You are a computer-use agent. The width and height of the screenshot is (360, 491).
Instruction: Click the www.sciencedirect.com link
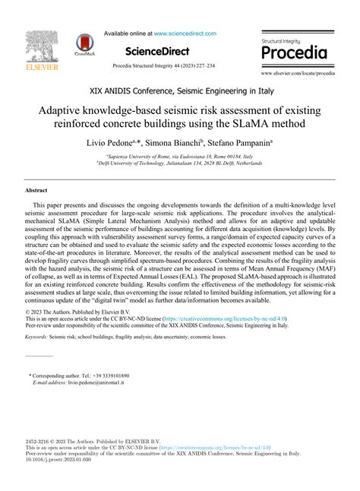185,33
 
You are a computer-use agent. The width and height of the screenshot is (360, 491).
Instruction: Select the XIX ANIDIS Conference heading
180,93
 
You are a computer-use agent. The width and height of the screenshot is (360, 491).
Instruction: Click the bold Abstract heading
36,190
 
